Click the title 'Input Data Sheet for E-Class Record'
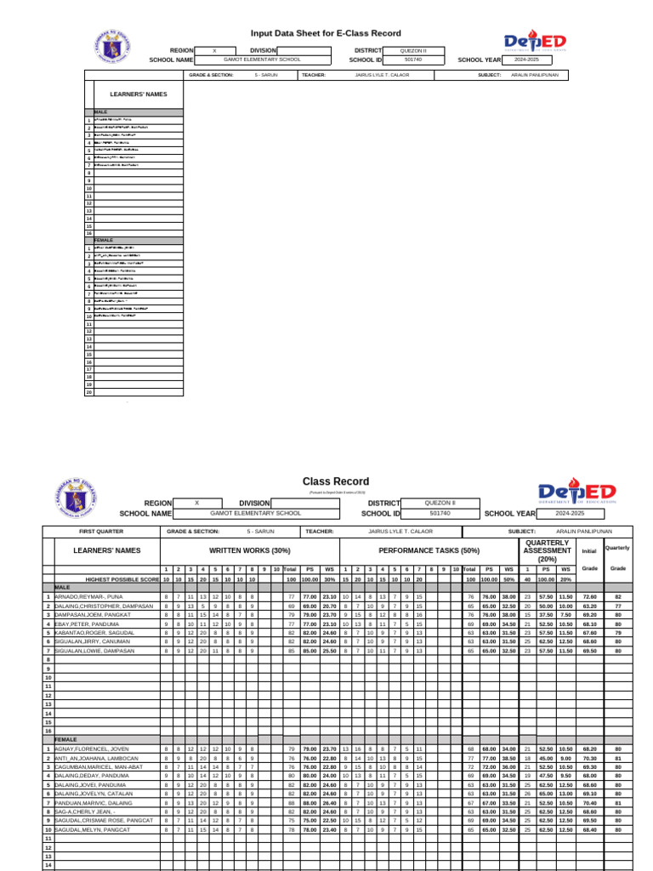[325, 33]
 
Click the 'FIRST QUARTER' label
[101, 531]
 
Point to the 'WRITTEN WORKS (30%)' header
[243, 551]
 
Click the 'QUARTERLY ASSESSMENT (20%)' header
[548, 550]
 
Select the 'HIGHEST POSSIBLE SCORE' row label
[122, 578]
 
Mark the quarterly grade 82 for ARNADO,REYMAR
[618, 597]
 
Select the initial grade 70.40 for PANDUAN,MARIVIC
[589, 802]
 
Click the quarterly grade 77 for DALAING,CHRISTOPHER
[618, 606]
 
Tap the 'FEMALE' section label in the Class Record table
[65, 740]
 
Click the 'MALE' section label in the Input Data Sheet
[100, 112]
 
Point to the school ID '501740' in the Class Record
[440, 514]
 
